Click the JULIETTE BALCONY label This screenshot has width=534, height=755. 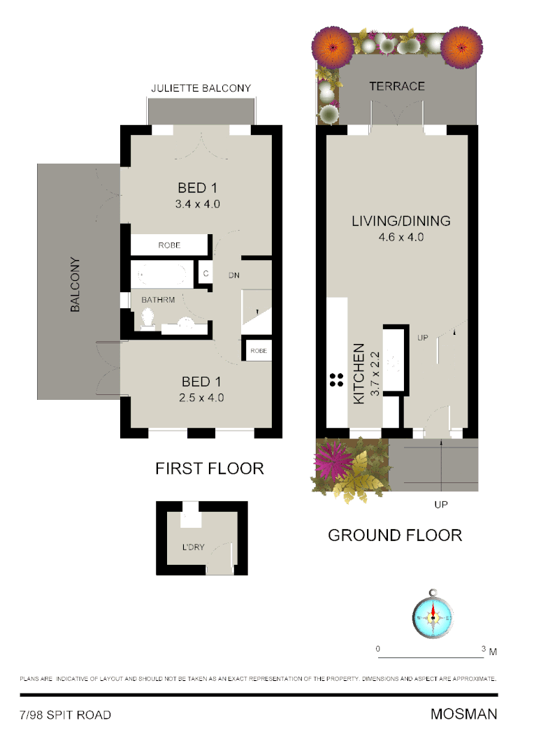(201, 88)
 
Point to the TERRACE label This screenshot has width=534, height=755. (397, 87)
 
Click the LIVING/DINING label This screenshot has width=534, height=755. (400, 221)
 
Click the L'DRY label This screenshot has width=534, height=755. (194, 547)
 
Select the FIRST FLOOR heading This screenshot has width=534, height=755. (210, 468)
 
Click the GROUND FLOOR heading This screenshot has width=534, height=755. (395, 535)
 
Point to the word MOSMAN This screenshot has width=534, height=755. (464, 714)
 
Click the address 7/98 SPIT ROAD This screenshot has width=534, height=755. (65, 714)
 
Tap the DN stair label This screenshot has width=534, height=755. (234, 275)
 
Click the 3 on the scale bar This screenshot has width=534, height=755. (484, 649)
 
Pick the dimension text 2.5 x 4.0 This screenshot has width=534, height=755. (201, 398)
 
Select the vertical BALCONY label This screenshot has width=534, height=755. (75, 285)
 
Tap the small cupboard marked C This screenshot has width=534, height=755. (206, 273)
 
